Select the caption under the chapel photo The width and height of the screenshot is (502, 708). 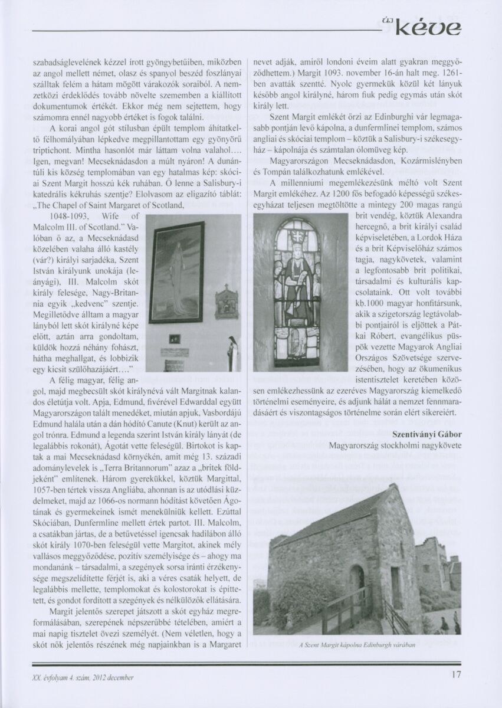click(357, 644)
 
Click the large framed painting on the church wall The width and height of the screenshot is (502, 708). click(176, 272)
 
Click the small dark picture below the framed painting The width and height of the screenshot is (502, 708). click(174, 339)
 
